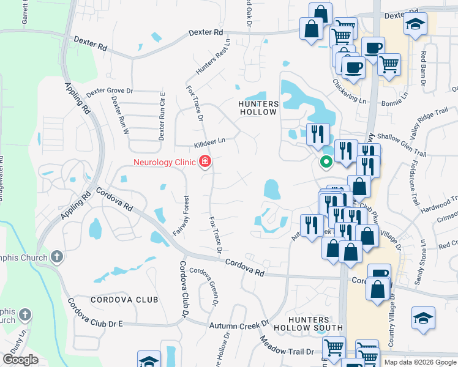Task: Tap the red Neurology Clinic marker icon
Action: (x=206, y=162)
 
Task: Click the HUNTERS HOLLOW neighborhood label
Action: (x=258, y=108)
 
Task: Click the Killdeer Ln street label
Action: (x=210, y=140)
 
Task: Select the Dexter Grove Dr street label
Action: (x=110, y=91)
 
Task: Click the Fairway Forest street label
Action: (x=184, y=211)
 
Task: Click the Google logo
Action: (x=21, y=360)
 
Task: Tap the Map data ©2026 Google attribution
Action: (x=419, y=362)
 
